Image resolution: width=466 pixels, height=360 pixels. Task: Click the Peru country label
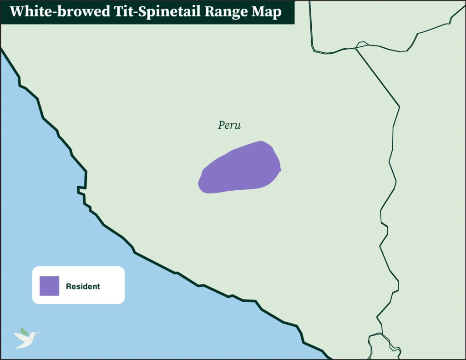[229, 125]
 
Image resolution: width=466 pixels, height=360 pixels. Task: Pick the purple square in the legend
[49, 286]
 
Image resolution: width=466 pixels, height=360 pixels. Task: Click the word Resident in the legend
[83, 287]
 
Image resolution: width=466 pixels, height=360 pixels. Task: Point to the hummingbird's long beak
[38, 333]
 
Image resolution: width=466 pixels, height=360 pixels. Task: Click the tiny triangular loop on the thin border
[362, 44]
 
